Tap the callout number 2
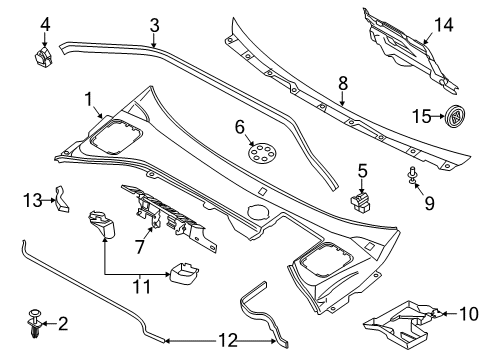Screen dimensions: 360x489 click(x=64, y=323)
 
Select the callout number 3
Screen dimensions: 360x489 click(x=153, y=24)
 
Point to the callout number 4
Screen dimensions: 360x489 click(x=44, y=23)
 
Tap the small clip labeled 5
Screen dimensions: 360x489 click(x=359, y=202)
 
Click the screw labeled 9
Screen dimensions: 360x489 click(x=412, y=178)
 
